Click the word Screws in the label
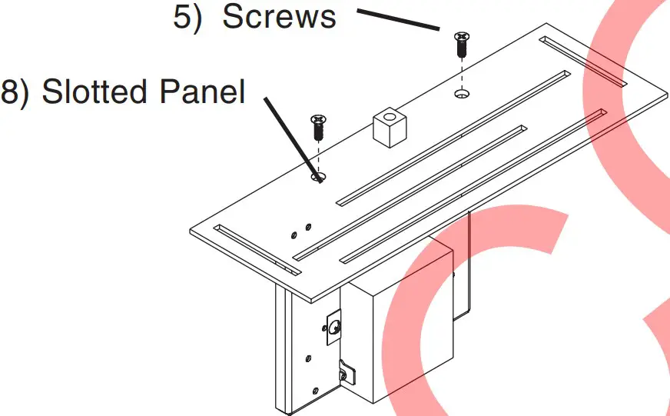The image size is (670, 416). tap(279, 17)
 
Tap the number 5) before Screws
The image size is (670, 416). tap(188, 17)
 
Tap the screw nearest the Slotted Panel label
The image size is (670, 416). tap(318, 127)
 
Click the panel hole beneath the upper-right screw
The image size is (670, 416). tap(462, 94)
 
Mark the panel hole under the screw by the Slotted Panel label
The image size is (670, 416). tap(318, 178)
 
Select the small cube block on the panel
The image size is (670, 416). tap(388, 127)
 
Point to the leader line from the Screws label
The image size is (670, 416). tap(397, 20)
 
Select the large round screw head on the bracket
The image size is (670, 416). tap(335, 327)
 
